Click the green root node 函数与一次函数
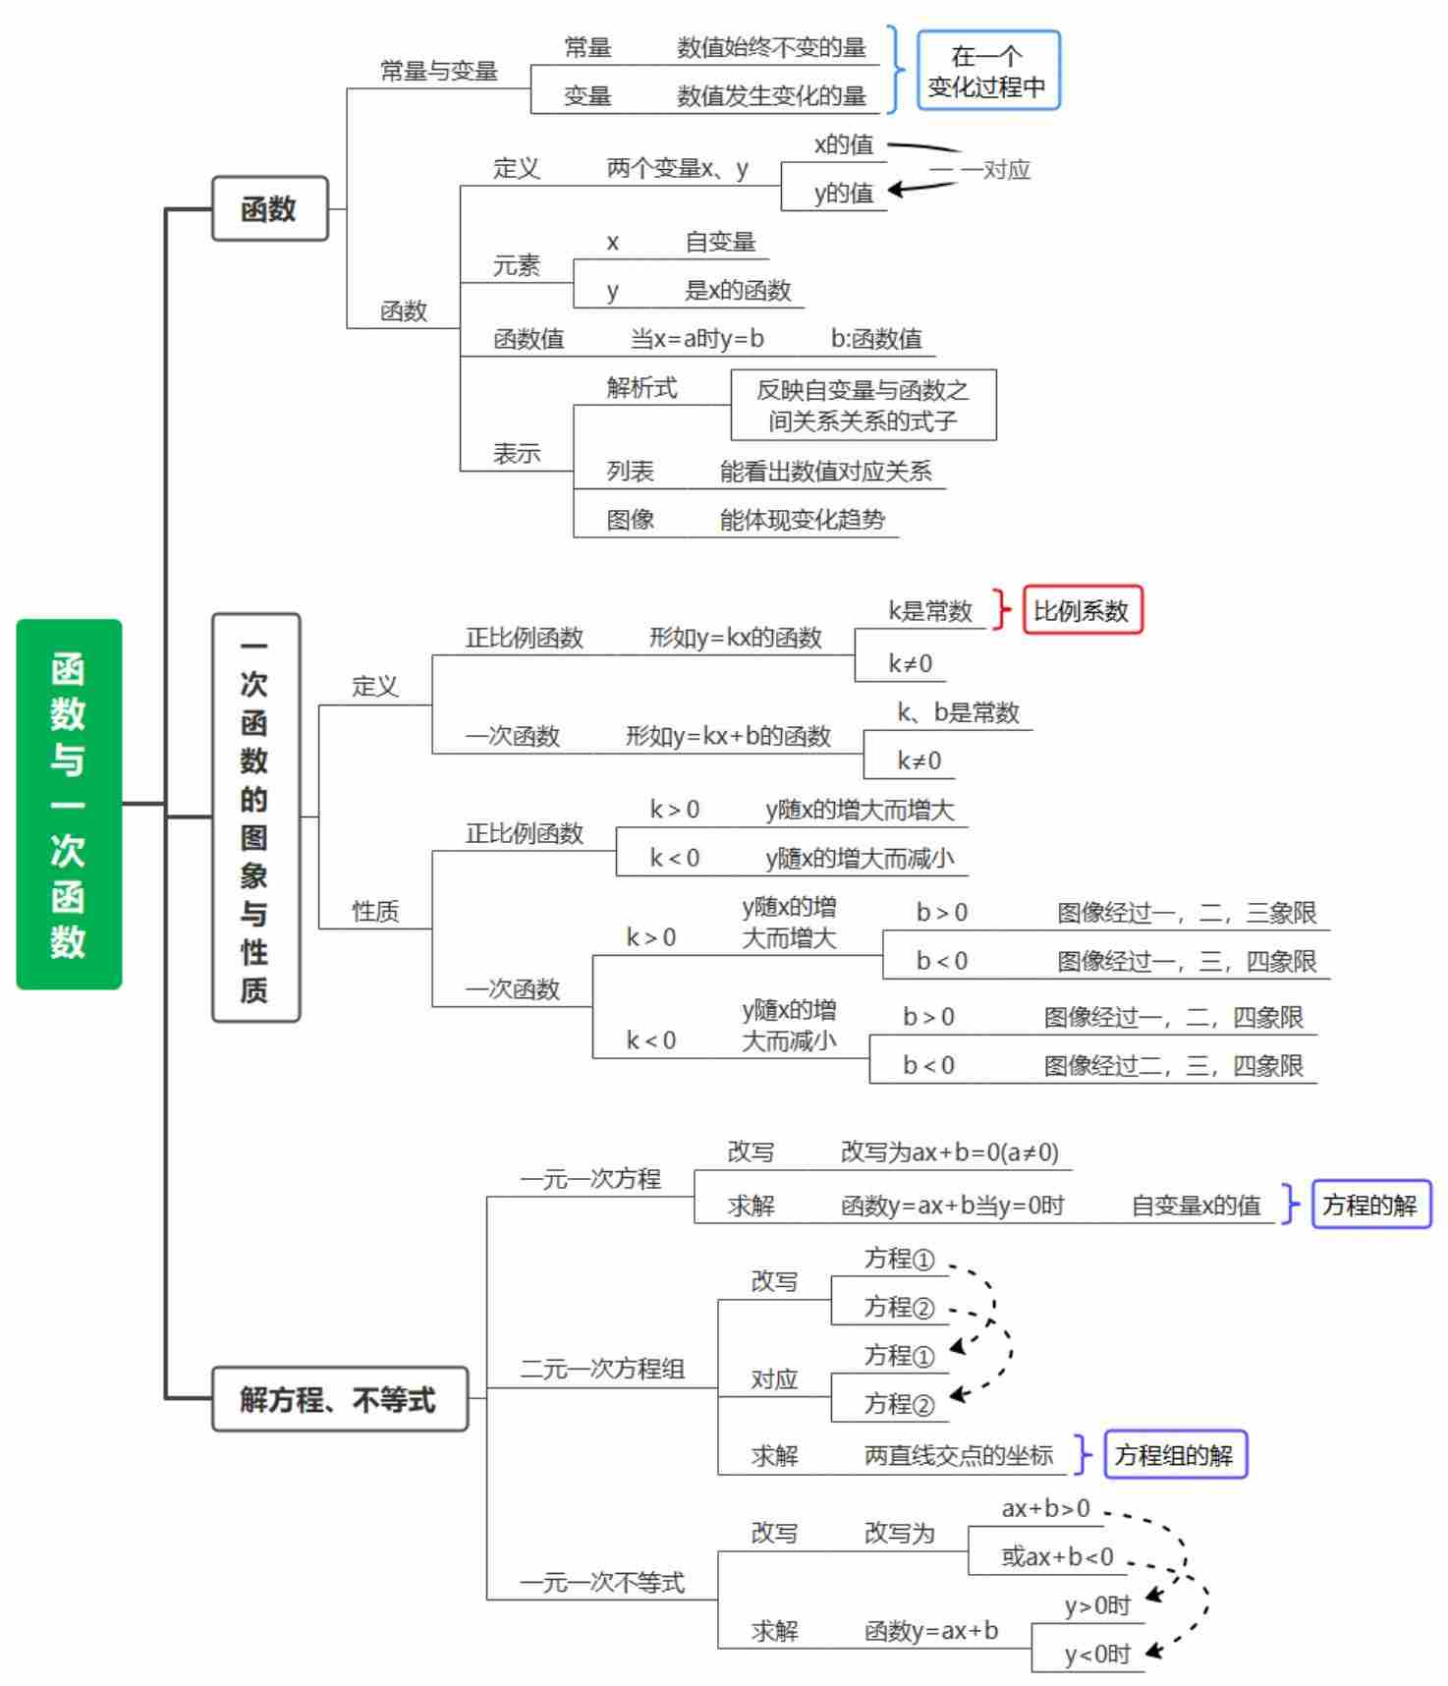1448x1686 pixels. point(69,804)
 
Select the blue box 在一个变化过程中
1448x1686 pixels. point(988,71)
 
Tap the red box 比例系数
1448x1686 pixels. point(1082,611)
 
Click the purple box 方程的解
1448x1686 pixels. point(1370,1205)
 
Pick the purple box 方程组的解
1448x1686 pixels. point(1175,1454)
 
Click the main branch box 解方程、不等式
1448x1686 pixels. point(339,1399)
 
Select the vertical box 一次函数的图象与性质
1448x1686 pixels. point(255,817)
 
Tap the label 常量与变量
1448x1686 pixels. point(439,71)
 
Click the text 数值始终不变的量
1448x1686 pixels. point(771,47)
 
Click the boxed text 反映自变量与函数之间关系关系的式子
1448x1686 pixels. point(863,405)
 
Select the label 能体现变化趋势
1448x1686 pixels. point(802,520)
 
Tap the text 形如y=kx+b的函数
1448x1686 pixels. point(728,736)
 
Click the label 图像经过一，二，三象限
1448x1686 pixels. point(1187,913)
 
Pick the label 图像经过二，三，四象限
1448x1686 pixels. point(1173,1066)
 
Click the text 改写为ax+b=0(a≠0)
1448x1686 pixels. point(949,1152)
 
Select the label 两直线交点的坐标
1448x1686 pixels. point(958,1455)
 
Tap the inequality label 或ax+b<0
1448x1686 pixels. point(1057,1556)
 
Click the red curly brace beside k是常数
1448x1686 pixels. point(1001,610)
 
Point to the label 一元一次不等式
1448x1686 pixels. point(601,1582)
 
